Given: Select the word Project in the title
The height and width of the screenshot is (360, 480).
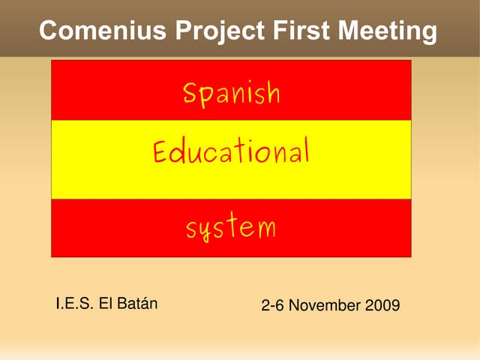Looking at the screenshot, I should click(x=220, y=31).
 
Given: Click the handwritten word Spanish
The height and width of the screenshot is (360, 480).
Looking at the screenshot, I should click(x=231, y=94).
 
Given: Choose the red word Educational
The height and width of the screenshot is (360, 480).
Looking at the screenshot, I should click(x=231, y=152).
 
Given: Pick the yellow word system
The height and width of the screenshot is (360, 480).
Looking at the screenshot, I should click(x=231, y=226).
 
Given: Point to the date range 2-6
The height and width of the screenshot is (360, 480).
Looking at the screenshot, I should click(x=272, y=306).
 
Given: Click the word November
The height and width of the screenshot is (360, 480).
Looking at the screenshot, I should click(x=325, y=306).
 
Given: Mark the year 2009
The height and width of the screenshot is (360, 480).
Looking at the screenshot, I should click(x=383, y=306).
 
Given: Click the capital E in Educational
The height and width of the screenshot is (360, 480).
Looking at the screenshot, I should click(x=160, y=152).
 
